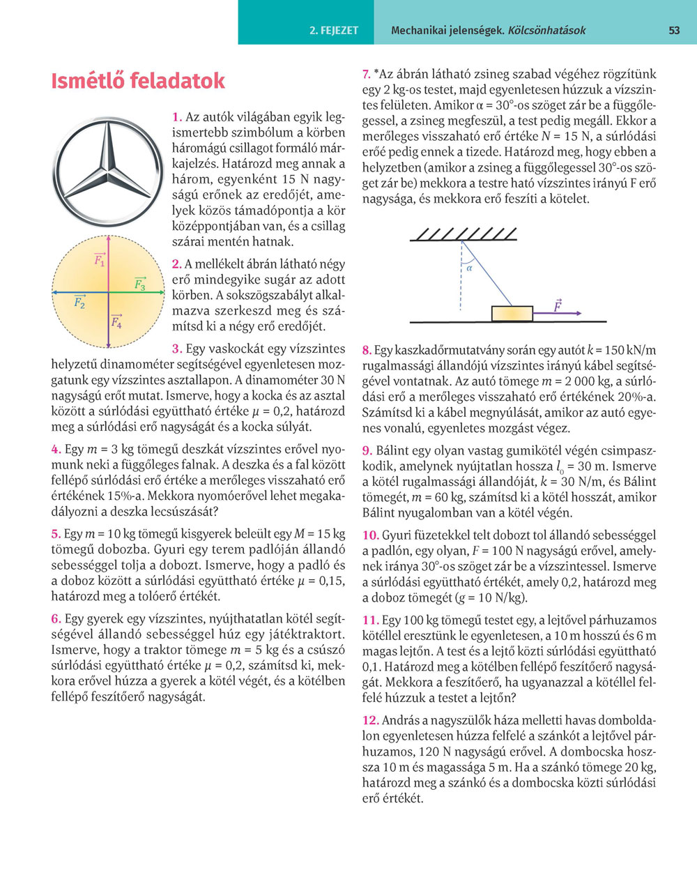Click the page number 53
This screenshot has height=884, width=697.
coord(673,31)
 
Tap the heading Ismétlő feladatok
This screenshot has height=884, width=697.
coord(138,81)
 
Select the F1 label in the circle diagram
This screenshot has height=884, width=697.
coord(100,261)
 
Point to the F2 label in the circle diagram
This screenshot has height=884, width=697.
coord(79,303)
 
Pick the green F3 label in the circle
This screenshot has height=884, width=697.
coord(139,284)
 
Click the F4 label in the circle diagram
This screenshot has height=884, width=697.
coord(116,321)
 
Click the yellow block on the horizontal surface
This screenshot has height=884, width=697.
coord(512,314)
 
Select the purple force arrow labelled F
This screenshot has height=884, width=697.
coord(558,313)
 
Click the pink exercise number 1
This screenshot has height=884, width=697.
coord(177,117)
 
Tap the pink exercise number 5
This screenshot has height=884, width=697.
coord(56,534)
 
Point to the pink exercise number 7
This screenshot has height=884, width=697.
coord(366,74)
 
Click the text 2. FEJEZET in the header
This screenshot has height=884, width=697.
coord(334,31)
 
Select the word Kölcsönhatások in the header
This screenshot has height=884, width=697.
coord(547,31)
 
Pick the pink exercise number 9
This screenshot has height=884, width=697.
coord(367,451)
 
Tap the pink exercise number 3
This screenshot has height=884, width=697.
coord(177,349)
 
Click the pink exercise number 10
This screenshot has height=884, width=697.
coord(370,535)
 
